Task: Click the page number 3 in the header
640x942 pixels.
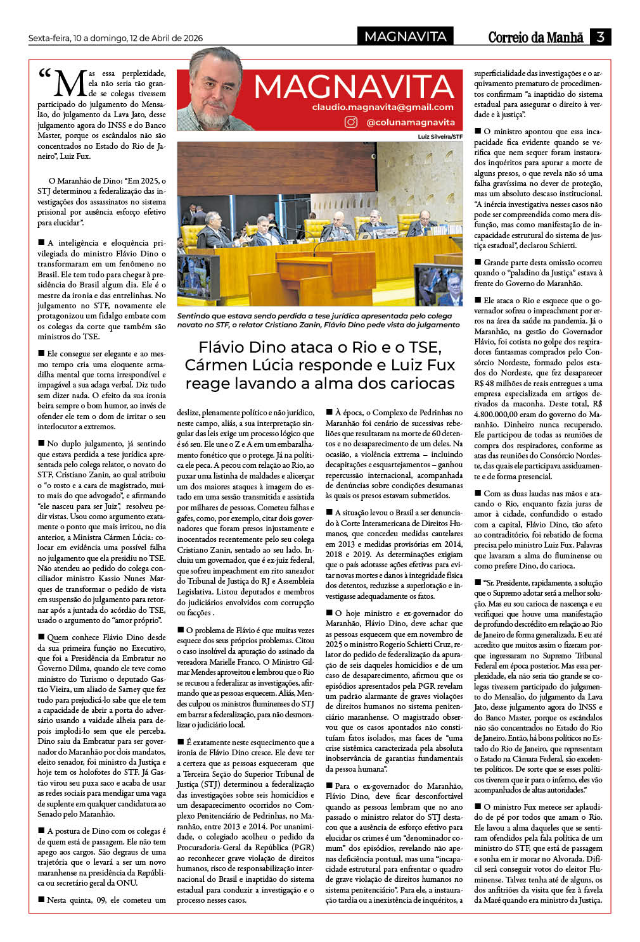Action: click(599, 37)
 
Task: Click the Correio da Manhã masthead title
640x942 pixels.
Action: click(535, 37)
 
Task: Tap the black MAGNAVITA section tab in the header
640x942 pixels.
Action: click(406, 37)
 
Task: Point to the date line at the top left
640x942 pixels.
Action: click(115, 38)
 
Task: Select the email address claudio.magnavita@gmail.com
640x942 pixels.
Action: click(383, 108)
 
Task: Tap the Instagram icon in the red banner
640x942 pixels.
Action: click(351, 122)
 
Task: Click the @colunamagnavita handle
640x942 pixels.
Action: click(411, 122)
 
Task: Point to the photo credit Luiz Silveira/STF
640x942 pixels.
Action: click(440, 136)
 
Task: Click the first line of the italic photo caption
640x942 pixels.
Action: click(314, 315)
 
